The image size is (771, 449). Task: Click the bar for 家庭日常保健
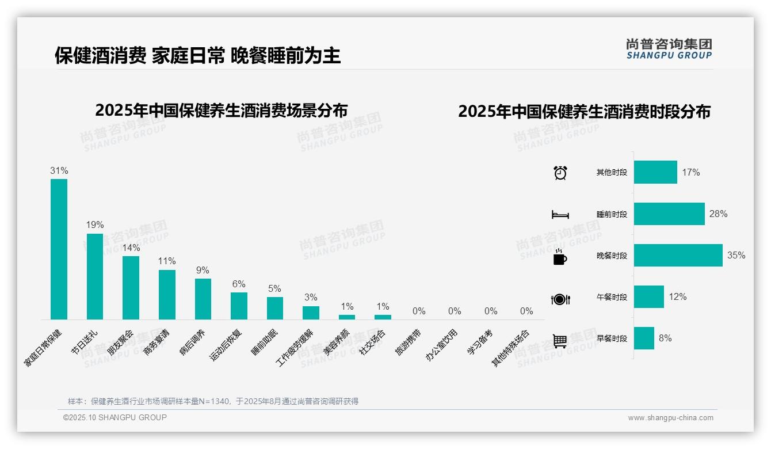pos(59,249)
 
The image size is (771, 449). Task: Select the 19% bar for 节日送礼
pos(95,276)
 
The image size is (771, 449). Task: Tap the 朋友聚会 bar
pos(131,287)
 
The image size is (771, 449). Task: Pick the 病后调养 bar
pos(203,299)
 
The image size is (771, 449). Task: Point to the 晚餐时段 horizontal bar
pos(678,256)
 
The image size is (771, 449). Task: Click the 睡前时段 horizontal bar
pos(669,214)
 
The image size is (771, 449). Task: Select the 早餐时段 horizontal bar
pos(644,338)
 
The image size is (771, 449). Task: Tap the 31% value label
pos(59,171)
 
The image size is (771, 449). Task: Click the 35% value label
pos(736,256)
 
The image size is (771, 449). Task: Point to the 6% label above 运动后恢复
pos(239,284)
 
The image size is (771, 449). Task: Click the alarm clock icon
pos(560,173)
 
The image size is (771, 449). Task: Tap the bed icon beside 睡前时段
pos(560,215)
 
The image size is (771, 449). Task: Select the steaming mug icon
pos(560,257)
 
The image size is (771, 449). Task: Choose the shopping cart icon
pos(560,340)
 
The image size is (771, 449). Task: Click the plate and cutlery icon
pos(560,299)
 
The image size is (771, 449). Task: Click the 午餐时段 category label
pos(612,298)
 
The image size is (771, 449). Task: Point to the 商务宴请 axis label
pos(157,343)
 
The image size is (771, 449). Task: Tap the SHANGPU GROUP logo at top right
pos(669,49)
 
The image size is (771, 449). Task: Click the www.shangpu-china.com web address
pos(670,418)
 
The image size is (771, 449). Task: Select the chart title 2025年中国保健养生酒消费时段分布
pos(584,112)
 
